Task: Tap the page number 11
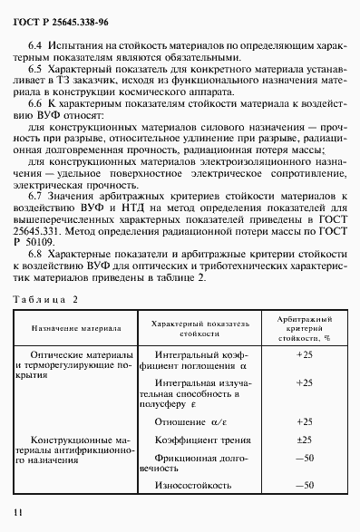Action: [18, 514]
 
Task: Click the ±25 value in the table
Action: [304, 440]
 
